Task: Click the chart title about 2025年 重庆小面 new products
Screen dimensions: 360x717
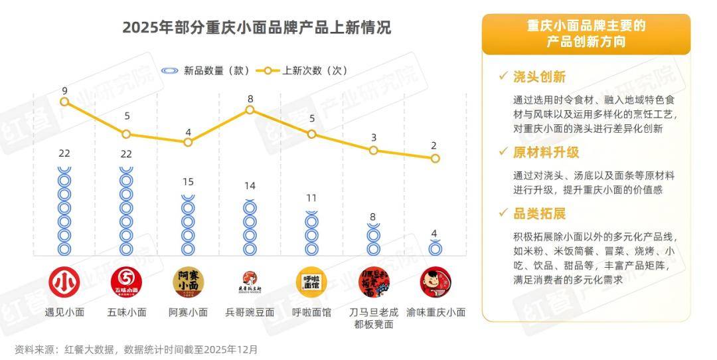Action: pyautogui.click(x=256, y=28)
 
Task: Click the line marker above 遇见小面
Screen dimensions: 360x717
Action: pyautogui.click(x=64, y=102)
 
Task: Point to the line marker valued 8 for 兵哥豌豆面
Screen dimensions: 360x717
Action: pyautogui.click(x=250, y=110)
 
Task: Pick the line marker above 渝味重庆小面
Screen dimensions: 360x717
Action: pyautogui.click(x=435, y=158)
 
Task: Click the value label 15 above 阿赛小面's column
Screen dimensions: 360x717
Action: pyautogui.click(x=188, y=182)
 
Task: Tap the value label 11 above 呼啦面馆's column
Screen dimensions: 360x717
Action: pyautogui.click(x=311, y=198)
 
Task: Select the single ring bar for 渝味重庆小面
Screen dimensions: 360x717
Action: pyautogui.click(x=435, y=248)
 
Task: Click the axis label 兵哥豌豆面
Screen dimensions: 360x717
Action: pyautogui.click(x=250, y=312)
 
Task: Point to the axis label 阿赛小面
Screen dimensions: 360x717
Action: pyautogui.click(x=188, y=312)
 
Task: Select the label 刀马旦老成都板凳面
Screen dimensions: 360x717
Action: pyautogui.click(x=373, y=317)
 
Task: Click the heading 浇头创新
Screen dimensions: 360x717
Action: pyautogui.click(x=539, y=77)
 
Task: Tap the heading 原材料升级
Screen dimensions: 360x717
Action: pyautogui.click(x=546, y=152)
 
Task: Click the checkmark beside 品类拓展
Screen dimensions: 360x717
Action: pyautogui.click(x=503, y=213)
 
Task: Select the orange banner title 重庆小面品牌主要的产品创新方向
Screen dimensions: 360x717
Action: pyautogui.click(x=586, y=34)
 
